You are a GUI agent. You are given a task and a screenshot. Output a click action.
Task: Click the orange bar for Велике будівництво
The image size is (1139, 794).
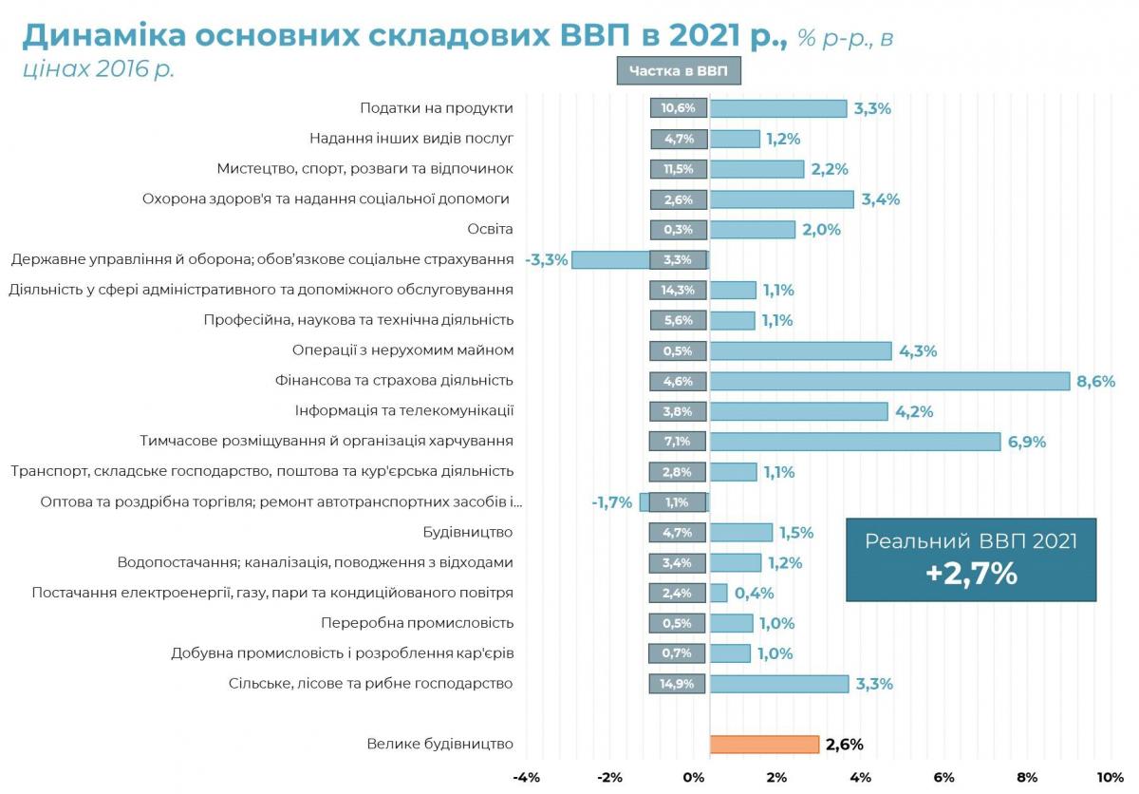[764, 745]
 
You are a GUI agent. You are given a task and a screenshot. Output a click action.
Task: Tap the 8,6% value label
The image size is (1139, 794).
[1095, 381]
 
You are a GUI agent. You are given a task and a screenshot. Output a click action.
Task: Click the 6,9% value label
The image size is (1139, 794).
[1026, 442]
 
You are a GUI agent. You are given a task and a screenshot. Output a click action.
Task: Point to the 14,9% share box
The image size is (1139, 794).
[678, 684]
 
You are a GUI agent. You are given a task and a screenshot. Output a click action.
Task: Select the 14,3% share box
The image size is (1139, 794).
[678, 290]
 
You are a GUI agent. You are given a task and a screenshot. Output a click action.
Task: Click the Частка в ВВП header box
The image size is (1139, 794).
[678, 71]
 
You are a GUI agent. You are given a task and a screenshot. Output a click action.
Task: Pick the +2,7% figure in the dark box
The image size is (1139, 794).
[970, 574]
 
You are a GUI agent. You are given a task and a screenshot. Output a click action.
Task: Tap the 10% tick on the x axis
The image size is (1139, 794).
[1110, 777]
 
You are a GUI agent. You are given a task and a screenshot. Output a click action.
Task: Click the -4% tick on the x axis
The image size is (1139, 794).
[526, 777]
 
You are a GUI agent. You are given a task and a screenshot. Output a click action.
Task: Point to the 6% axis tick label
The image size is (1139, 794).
[943, 777]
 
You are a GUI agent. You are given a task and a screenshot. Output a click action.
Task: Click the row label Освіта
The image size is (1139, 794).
[490, 229]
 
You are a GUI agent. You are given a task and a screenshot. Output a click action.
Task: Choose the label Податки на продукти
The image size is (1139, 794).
[437, 108]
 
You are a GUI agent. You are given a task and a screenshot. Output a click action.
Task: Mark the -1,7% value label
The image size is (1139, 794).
[611, 502]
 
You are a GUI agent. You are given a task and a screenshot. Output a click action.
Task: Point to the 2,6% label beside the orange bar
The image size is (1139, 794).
[844, 745]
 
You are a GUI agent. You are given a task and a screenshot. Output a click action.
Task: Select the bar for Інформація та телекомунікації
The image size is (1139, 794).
[798, 411]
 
